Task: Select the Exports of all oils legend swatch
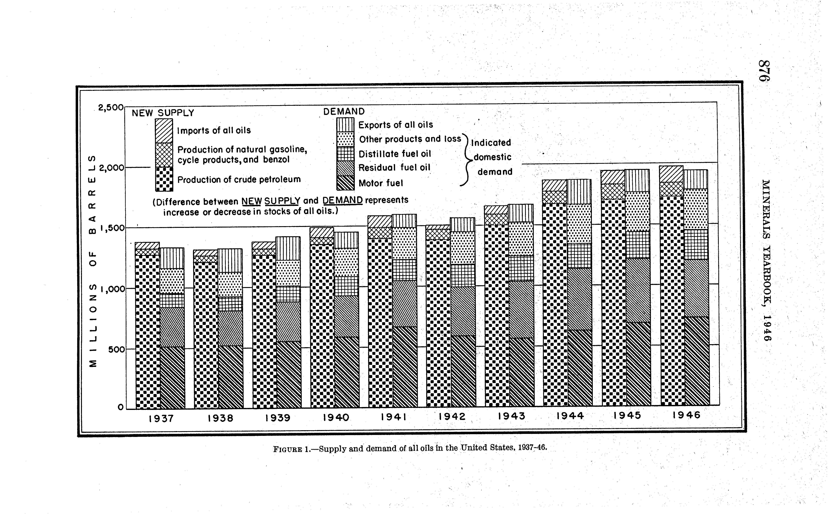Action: (x=345, y=125)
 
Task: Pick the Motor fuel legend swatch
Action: (x=345, y=183)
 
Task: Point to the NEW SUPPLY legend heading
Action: (x=163, y=113)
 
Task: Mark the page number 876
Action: (x=764, y=71)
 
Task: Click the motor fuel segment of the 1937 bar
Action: (x=172, y=377)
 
